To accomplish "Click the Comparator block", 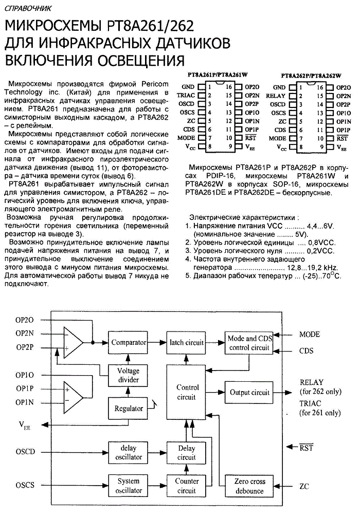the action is pos(128,343).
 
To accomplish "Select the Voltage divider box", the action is pos(128,375).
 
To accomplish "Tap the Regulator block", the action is pos(128,409).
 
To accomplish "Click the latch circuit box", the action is pos(187,343).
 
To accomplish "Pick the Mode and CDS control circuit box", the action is pos(249,343).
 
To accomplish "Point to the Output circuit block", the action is pos(249,393).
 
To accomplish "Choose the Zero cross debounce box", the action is pos(249,486).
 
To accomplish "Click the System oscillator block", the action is pos(128,486).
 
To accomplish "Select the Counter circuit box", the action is pos(187,486).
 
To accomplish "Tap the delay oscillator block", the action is pos(128,452).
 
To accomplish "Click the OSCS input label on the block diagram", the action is pos(25,485).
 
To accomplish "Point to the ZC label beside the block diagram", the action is pos(304,486).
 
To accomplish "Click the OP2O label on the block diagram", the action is pos(25,320).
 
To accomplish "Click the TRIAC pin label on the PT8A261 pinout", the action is pos(186,96).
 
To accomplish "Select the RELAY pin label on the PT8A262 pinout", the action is pos(275,96).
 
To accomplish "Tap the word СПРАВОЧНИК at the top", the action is pos(28,9).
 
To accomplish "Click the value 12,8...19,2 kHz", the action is pos(312,268).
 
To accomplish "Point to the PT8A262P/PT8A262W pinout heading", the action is pos(311,76).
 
